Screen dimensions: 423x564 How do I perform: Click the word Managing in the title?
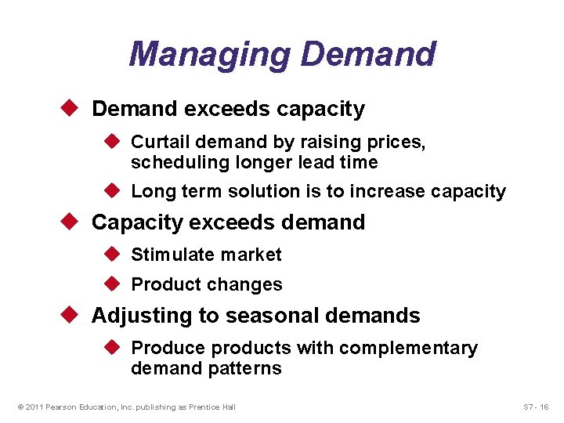[x=209, y=54]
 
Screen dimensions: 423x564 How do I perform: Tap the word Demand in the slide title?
[x=368, y=54]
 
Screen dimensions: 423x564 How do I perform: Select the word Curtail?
[x=157, y=142]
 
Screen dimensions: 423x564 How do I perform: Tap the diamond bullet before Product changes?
[x=114, y=284]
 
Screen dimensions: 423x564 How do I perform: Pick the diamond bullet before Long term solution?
[x=114, y=190]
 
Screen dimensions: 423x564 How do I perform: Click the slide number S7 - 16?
[x=536, y=407]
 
